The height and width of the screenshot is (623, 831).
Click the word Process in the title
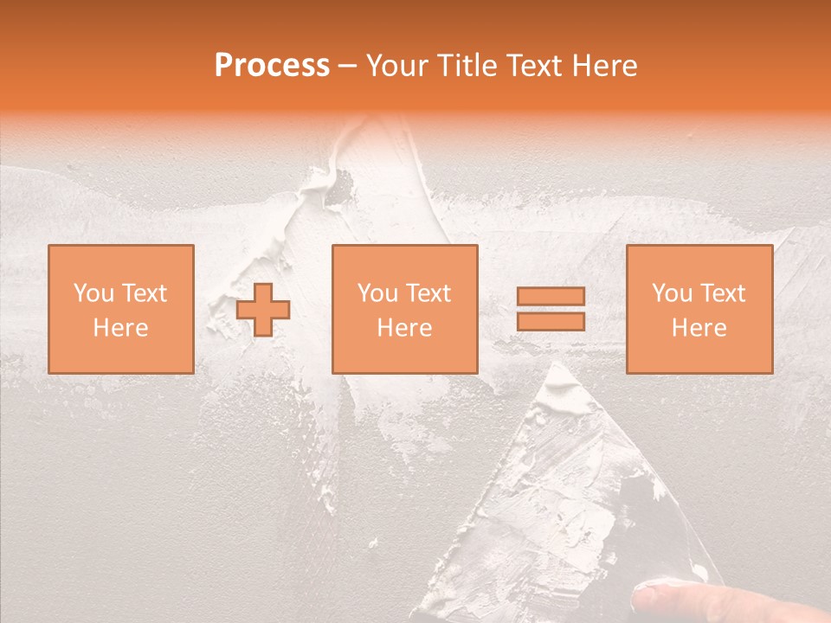pyautogui.click(x=272, y=66)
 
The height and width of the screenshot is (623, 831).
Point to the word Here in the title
pyautogui.click(x=605, y=66)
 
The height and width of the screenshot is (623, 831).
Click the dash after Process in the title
pyautogui.click(x=348, y=67)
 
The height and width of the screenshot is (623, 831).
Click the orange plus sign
pyautogui.click(x=263, y=310)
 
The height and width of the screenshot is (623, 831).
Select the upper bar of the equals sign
pyautogui.click(x=551, y=297)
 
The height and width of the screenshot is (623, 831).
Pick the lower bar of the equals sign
pyautogui.click(x=551, y=322)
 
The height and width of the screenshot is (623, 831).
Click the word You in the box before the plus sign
pyautogui.click(x=93, y=293)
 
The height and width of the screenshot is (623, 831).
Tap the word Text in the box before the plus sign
pyautogui.click(x=143, y=293)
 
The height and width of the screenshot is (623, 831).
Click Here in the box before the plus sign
pyautogui.click(x=120, y=328)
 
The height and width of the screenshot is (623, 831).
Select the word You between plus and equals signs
pyautogui.click(x=377, y=293)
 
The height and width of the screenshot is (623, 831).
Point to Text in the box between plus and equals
pyautogui.click(x=427, y=293)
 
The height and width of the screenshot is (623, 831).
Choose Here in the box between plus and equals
pyautogui.click(x=404, y=328)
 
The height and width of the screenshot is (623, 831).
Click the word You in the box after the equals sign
pyautogui.click(x=672, y=293)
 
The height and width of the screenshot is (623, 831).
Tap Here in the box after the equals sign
pyautogui.click(x=699, y=328)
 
